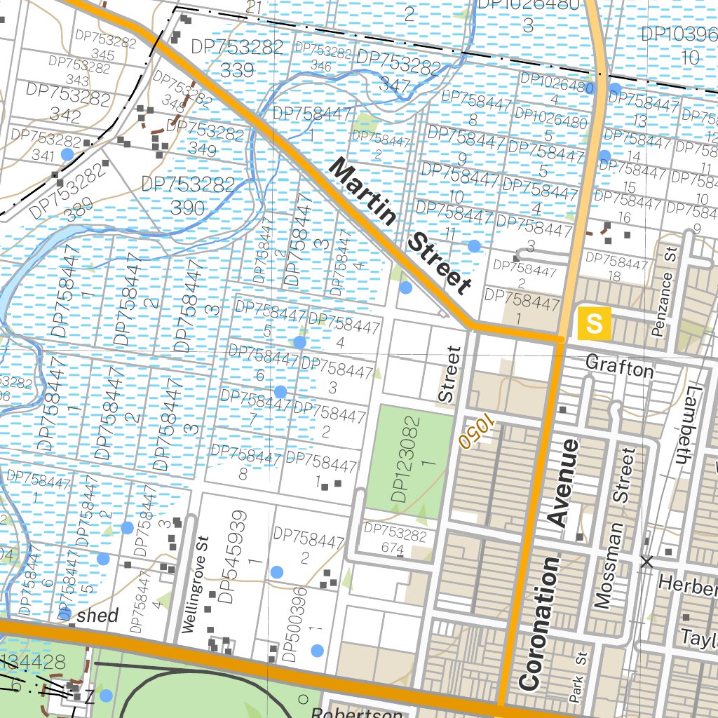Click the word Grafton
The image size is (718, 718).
pyautogui.click(x=618, y=365)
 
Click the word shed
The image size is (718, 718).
pyautogui.click(x=97, y=616)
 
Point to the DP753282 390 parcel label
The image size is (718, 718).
pyautogui.click(x=187, y=196)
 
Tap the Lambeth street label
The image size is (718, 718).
pyautogui.click(x=686, y=425)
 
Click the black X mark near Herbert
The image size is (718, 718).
pyautogui.click(x=646, y=561)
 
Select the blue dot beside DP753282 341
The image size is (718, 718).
pyautogui.click(x=67, y=154)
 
